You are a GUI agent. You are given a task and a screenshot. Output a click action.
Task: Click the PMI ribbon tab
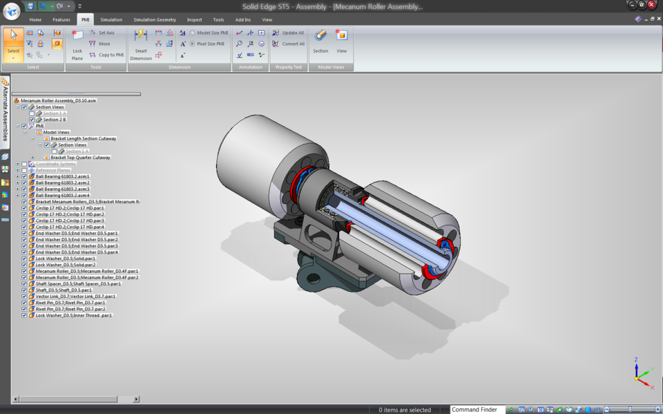(85, 20)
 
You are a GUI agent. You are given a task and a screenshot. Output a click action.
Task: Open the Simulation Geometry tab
(154, 20)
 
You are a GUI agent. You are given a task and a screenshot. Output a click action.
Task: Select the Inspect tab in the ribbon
(194, 20)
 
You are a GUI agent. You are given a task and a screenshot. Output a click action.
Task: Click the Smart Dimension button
(140, 44)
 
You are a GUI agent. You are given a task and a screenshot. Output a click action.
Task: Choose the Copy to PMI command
(106, 55)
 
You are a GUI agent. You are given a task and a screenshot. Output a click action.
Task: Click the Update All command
(288, 32)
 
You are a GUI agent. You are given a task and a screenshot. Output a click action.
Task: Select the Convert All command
(288, 44)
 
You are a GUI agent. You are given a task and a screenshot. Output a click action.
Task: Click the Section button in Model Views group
(320, 41)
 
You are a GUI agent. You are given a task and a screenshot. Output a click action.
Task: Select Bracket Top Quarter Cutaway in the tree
(80, 158)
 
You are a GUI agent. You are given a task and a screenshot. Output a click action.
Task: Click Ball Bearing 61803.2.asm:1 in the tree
(62, 176)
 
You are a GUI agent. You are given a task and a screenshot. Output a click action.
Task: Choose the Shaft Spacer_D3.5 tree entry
(77, 283)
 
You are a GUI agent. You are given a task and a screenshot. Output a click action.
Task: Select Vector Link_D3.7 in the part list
(75, 296)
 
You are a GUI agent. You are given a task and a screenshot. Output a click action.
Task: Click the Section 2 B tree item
(55, 120)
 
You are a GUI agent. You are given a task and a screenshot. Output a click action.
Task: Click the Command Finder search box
(477, 409)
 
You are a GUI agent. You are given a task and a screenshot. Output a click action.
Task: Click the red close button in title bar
(651, 5)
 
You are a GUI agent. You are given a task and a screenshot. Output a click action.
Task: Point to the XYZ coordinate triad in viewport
(640, 372)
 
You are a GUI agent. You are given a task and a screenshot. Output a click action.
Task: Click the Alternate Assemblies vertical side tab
(5, 111)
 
